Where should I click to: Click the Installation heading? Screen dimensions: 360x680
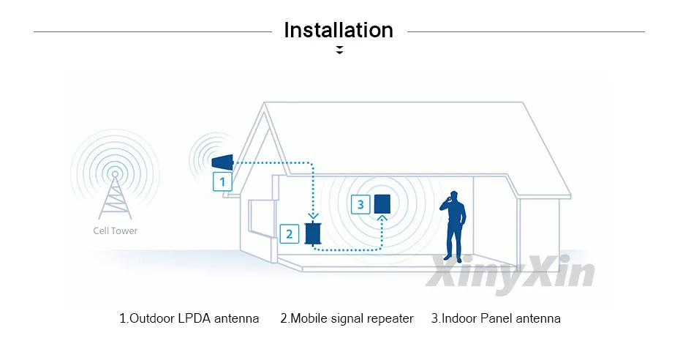(x=339, y=31)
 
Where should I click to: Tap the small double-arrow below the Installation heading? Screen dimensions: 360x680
(x=339, y=50)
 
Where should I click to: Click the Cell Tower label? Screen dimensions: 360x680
(x=115, y=230)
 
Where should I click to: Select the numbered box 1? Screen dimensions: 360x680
(x=222, y=181)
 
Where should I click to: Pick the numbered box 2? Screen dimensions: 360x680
(x=290, y=234)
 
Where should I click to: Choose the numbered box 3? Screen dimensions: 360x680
(x=360, y=204)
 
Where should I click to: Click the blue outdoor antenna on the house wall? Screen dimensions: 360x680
(x=222, y=162)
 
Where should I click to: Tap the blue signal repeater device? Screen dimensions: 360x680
(x=314, y=233)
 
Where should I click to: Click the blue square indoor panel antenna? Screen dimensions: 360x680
(x=382, y=203)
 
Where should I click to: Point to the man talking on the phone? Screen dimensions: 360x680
(x=454, y=227)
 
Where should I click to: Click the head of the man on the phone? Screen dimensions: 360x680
(x=454, y=196)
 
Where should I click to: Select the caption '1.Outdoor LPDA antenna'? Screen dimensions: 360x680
(x=189, y=318)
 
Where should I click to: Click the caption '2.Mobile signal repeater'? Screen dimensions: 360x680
(x=347, y=318)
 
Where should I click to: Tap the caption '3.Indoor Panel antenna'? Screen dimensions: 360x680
(x=496, y=318)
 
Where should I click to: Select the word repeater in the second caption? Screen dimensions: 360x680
(x=390, y=318)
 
